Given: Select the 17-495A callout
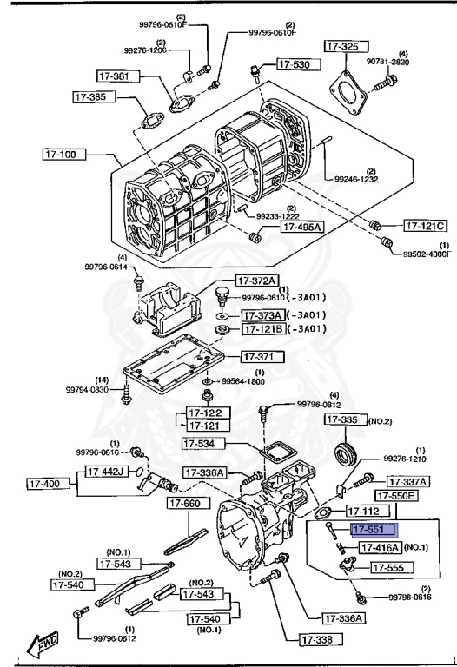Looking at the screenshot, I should click(301, 228).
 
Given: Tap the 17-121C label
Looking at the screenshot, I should click(426, 226).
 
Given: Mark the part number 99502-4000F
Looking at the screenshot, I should click(426, 254).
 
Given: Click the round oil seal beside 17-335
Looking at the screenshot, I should click(348, 453).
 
